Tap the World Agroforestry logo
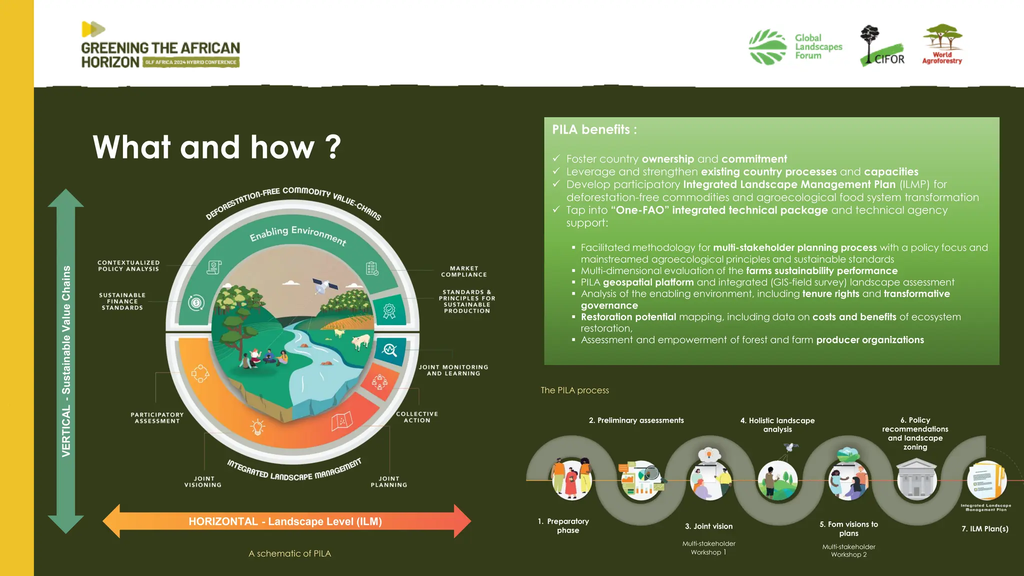click(942, 45)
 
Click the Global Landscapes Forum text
click(818, 46)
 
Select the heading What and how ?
click(216, 147)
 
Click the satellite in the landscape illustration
click(324, 286)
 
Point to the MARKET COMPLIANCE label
click(463, 271)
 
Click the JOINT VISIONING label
click(203, 481)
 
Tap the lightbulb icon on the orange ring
click(257, 426)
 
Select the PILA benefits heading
click(594, 130)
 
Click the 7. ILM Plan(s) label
click(984, 528)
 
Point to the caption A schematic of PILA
click(289, 553)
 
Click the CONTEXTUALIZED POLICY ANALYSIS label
click(128, 265)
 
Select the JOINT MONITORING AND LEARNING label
click(453, 370)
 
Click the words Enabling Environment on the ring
click(298, 234)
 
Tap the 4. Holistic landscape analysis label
click(777, 424)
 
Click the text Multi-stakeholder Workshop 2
click(848, 550)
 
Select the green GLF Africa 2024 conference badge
click(190, 62)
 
